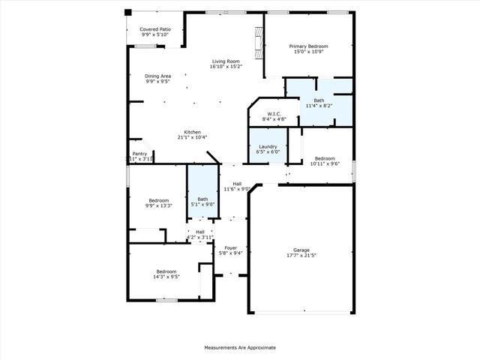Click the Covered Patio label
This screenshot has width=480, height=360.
point(155,29)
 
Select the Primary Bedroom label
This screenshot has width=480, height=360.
point(308,46)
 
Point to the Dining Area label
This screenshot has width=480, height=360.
point(158,76)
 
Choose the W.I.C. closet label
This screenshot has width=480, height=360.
point(274,114)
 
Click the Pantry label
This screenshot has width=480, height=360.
point(139,154)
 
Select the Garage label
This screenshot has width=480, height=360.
point(301,250)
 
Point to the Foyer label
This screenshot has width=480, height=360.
point(230,247)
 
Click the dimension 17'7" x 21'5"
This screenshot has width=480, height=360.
point(301,255)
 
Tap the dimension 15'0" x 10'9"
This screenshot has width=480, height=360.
point(308,52)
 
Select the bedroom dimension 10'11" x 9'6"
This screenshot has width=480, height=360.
point(324,163)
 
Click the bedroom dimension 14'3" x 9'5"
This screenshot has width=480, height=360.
point(166,277)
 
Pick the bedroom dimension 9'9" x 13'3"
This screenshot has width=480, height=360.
point(158,205)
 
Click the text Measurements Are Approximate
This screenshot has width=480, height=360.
point(240,348)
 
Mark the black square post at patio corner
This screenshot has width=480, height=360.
point(127,12)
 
